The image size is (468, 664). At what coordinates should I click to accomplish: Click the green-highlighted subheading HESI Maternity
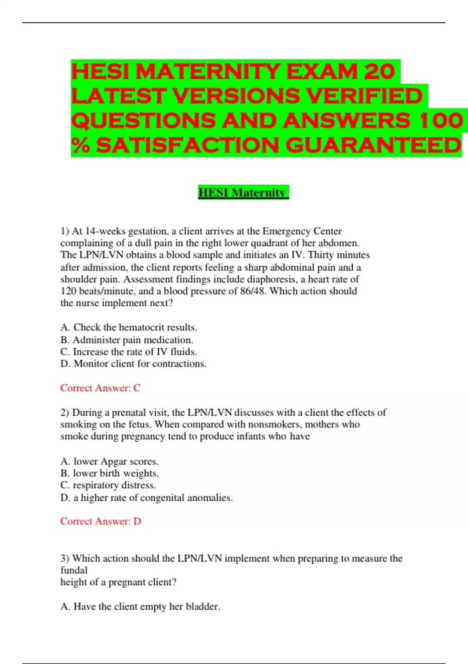click(243, 193)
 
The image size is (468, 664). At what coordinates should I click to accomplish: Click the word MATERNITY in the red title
click(208, 72)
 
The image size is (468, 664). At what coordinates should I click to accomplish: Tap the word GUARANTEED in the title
click(373, 145)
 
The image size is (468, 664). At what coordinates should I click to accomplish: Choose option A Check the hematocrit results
click(129, 327)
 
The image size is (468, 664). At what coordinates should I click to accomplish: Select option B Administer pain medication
click(127, 340)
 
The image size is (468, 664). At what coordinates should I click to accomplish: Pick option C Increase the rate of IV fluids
click(129, 352)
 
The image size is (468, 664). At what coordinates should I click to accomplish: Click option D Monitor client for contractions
click(133, 364)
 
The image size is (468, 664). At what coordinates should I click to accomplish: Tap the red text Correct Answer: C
click(100, 388)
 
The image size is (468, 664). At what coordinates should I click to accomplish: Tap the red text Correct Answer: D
click(101, 521)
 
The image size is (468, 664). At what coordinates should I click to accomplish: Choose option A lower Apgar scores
click(109, 461)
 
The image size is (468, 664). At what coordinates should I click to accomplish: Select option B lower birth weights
click(110, 473)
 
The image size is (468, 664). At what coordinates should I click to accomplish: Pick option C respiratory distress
click(108, 485)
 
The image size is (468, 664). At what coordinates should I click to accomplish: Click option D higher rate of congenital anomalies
click(147, 498)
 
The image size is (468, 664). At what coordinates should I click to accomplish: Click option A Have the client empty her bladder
click(140, 607)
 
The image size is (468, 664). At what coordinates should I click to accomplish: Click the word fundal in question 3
click(74, 570)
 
